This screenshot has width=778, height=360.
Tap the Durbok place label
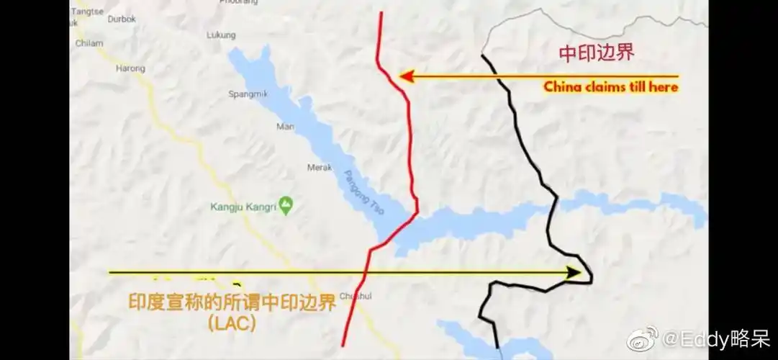(x=122, y=19)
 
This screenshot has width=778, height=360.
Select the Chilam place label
(x=89, y=43)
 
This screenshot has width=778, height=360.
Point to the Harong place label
(x=130, y=69)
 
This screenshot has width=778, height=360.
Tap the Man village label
(x=285, y=127)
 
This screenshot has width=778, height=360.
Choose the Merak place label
(x=320, y=167)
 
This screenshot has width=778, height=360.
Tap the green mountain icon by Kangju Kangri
(x=287, y=206)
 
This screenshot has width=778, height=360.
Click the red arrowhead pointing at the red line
(x=405, y=76)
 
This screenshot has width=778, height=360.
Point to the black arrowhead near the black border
(x=574, y=273)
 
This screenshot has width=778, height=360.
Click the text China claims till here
(x=610, y=87)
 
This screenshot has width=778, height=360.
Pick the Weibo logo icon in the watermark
(x=643, y=337)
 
